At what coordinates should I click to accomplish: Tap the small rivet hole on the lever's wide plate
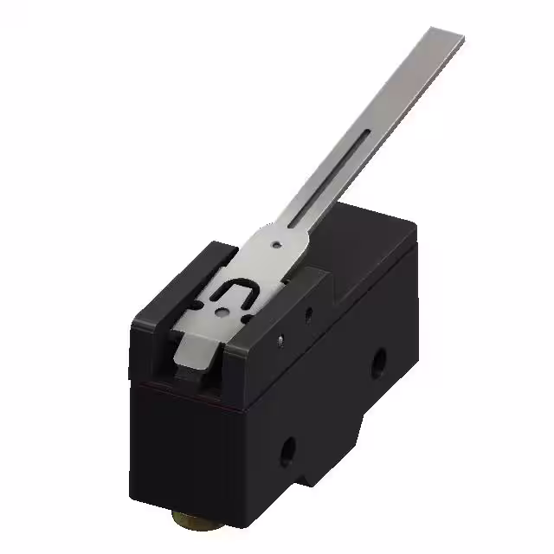tap(275, 244)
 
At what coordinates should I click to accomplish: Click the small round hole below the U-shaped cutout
tap(222, 315)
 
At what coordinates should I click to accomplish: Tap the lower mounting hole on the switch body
tap(288, 449)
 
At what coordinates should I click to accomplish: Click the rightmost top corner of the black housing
tap(413, 222)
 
